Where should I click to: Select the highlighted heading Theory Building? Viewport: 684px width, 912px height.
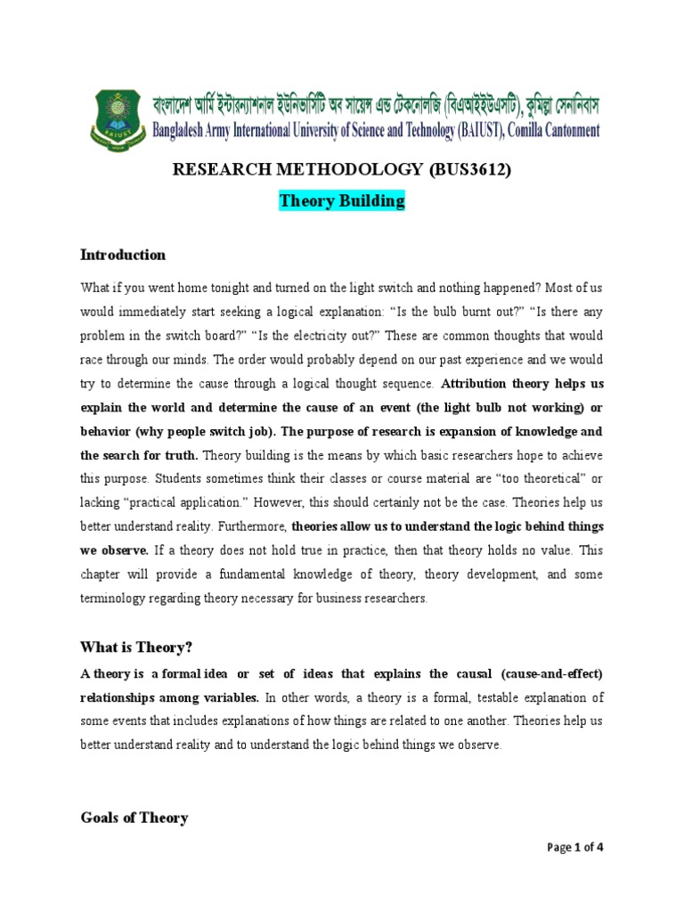coord(342,201)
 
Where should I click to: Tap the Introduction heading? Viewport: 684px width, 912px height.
coord(123,255)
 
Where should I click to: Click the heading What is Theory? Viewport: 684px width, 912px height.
coord(136,646)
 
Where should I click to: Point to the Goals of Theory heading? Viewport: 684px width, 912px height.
coord(134,818)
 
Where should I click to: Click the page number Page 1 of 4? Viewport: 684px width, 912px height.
coord(575,847)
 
